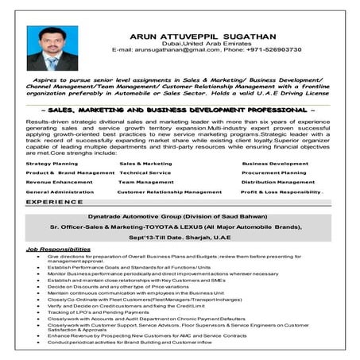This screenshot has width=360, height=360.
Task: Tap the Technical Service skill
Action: (145, 172)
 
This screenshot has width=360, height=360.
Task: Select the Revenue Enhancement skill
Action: (59, 182)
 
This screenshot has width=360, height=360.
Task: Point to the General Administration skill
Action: (60, 192)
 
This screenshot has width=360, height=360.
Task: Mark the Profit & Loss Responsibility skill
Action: (281, 192)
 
